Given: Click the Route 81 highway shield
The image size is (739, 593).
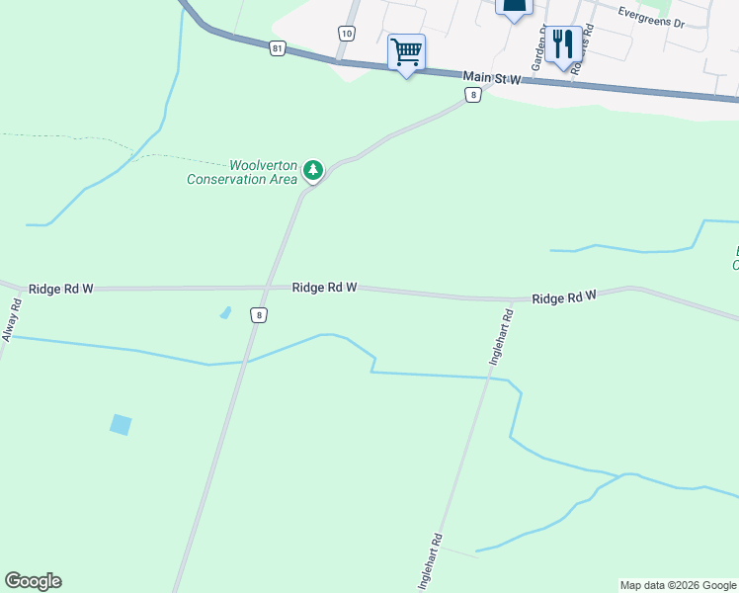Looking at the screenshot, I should (277, 47).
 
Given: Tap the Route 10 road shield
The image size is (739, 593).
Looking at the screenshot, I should (346, 34).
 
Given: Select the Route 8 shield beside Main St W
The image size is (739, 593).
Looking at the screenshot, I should (474, 95).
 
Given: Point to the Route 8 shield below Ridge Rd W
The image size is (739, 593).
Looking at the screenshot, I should (258, 315).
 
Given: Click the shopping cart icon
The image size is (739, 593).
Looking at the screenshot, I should (407, 51).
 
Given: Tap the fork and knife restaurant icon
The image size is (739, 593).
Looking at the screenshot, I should (563, 44).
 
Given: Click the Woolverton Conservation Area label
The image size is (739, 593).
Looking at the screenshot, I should (242, 172).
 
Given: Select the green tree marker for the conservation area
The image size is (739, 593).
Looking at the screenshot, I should (313, 171).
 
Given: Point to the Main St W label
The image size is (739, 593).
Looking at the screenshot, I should (492, 78).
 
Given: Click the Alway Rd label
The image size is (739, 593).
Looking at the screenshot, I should (12, 322).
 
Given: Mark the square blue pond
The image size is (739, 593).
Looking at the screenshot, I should (121, 425).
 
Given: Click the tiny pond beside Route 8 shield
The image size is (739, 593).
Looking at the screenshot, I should (225, 313).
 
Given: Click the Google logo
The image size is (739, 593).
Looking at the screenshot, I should (33, 581).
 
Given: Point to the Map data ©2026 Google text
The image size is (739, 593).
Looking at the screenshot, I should (677, 585).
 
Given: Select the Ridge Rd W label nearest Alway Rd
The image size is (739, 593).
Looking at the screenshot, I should (61, 289).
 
